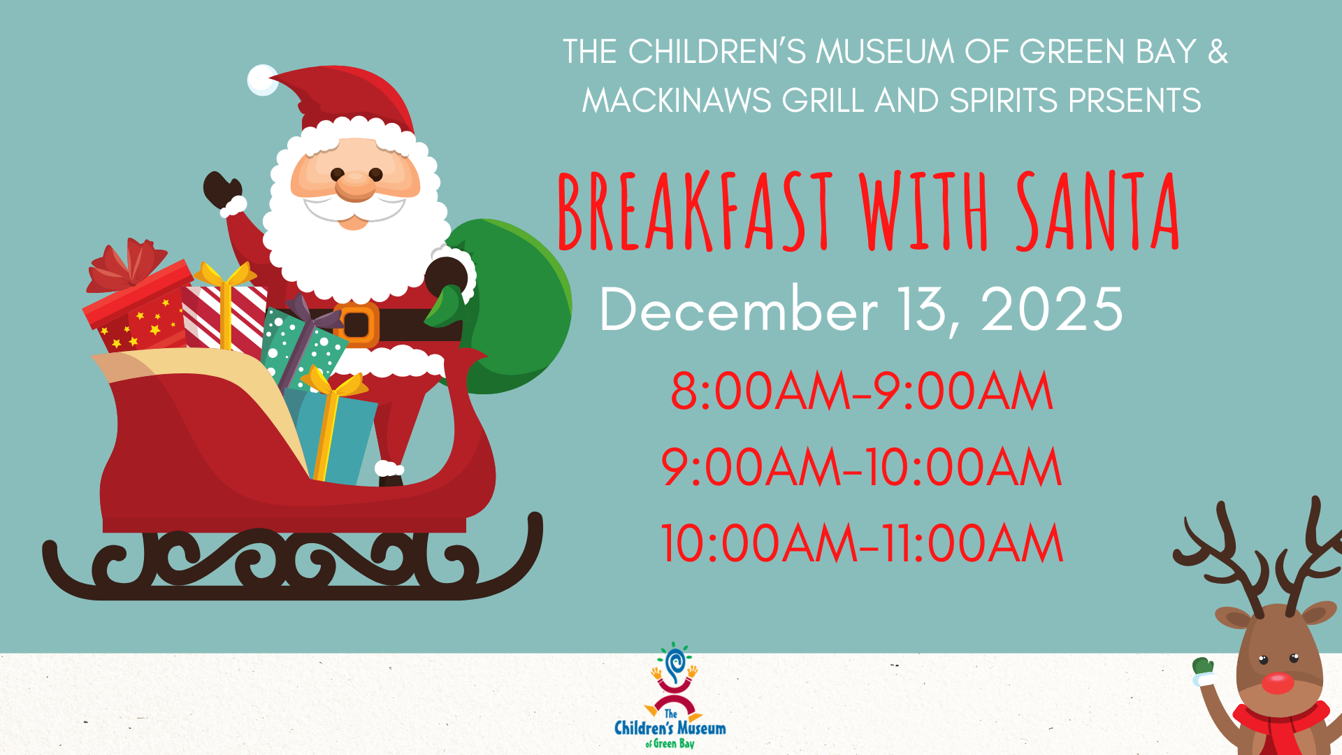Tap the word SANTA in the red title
pyautogui.click(x=1097, y=210)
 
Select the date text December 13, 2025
pyautogui.click(x=861, y=310)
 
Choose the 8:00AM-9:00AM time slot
pyautogui.click(x=862, y=391)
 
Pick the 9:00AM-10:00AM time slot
pyautogui.click(x=862, y=467)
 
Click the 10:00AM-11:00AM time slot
pyautogui.click(x=862, y=543)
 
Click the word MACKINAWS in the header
pyautogui.click(x=677, y=101)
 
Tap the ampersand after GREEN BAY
pyautogui.click(x=1218, y=52)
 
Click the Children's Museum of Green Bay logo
pyautogui.click(x=670, y=696)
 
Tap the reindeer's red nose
pyautogui.click(x=1278, y=683)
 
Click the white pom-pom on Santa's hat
pyautogui.click(x=263, y=80)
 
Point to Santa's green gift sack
pyautogui.click(x=510, y=308)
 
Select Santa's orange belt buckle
pyautogui.click(x=356, y=325)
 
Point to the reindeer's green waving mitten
pyautogui.click(x=1202, y=667)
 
